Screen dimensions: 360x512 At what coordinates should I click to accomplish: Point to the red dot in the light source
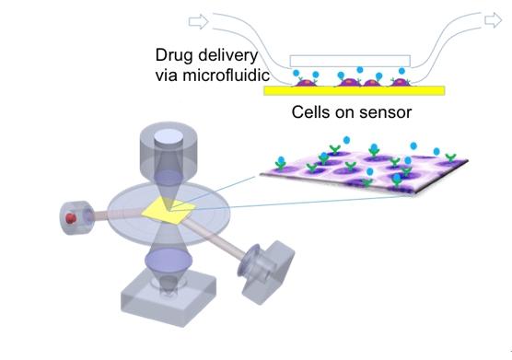pos(67,220)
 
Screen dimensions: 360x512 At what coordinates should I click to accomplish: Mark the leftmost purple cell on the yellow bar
pos(307,83)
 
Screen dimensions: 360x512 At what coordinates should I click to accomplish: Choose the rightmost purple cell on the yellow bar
pos(401,83)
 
